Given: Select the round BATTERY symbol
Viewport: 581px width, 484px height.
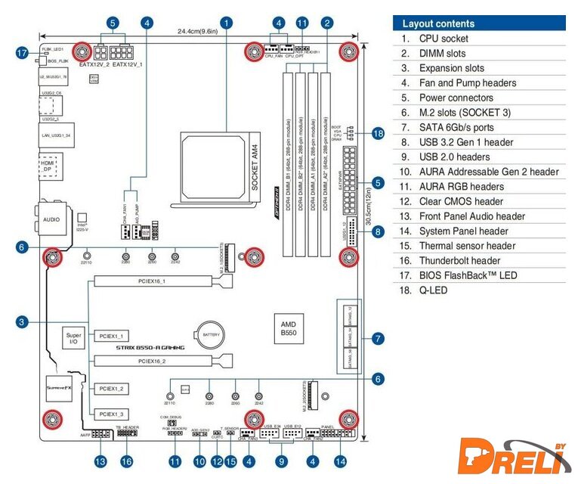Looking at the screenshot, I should (x=210, y=334).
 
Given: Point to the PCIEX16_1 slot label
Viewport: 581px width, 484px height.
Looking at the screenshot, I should (x=152, y=281).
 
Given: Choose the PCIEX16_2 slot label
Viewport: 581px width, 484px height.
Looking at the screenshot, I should (x=152, y=361).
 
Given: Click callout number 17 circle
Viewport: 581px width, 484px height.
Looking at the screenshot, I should (x=21, y=52).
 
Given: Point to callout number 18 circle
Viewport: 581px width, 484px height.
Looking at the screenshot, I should (x=378, y=134).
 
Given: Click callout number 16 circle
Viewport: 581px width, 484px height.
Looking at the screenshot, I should (x=126, y=461).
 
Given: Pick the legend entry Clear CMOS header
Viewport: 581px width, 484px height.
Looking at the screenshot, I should (x=461, y=201).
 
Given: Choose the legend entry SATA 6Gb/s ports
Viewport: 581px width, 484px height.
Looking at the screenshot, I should (x=456, y=127).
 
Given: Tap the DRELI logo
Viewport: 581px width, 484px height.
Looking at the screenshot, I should (x=514, y=460).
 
